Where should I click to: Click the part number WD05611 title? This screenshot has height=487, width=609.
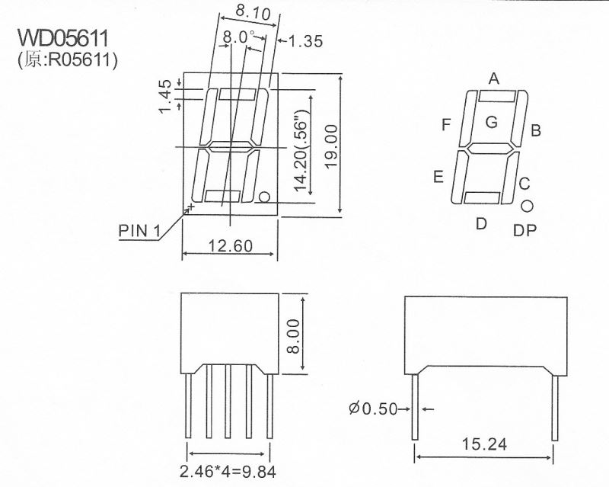tap(64, 39)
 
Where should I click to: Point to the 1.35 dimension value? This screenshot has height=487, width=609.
tap(306, 42)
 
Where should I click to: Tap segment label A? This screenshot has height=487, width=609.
tap(493, 78)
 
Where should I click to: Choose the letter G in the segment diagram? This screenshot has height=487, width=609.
tap(491, 121)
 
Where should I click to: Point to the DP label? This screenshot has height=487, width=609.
tap(525, 229)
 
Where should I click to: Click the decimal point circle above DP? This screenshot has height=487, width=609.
tap(526, 206)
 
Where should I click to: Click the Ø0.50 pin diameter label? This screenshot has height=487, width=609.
tap(374, 409)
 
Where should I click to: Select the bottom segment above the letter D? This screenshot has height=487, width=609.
tap(482, 198)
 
